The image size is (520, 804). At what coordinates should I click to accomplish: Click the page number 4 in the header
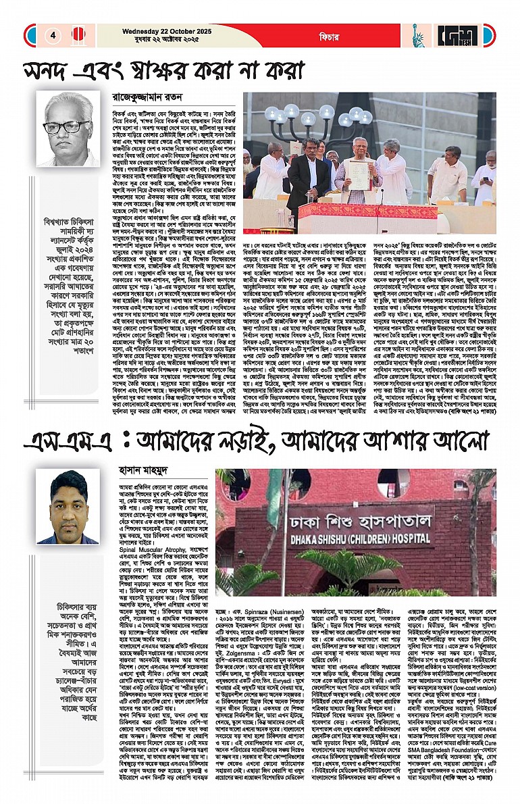pos(53,35)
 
